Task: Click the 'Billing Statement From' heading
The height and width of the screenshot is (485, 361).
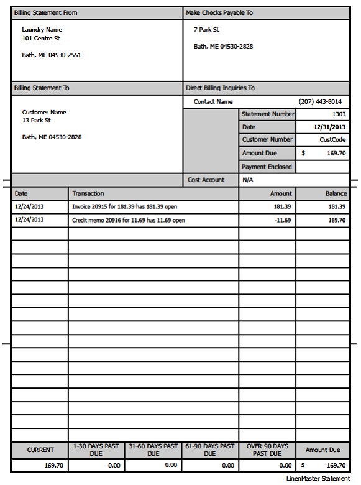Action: click(x=45, y=13)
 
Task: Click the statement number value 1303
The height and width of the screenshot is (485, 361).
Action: click(x=339, y=114)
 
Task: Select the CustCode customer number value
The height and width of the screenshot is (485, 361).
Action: click(x=332, y=140)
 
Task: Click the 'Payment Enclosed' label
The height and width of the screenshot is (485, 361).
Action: click(x=267, y=167)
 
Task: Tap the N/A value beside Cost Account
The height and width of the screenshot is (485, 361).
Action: click(x=247, y=180)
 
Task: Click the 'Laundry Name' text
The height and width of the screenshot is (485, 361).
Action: click(x=42, y=30)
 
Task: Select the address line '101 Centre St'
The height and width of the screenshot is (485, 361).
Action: click(x=40, y=38)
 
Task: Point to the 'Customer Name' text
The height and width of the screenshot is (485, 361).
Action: click(x=43, y=113)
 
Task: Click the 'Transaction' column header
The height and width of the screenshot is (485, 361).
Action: click(x=88, y=194)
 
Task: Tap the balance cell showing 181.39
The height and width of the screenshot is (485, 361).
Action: click(x=336, y=206)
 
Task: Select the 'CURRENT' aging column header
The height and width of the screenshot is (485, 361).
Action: click(x=40, y=450)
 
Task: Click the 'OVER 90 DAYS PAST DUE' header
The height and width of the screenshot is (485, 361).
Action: click(x=267, y=450)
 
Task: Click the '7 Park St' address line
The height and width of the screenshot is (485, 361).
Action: click(x=206, y=30)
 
